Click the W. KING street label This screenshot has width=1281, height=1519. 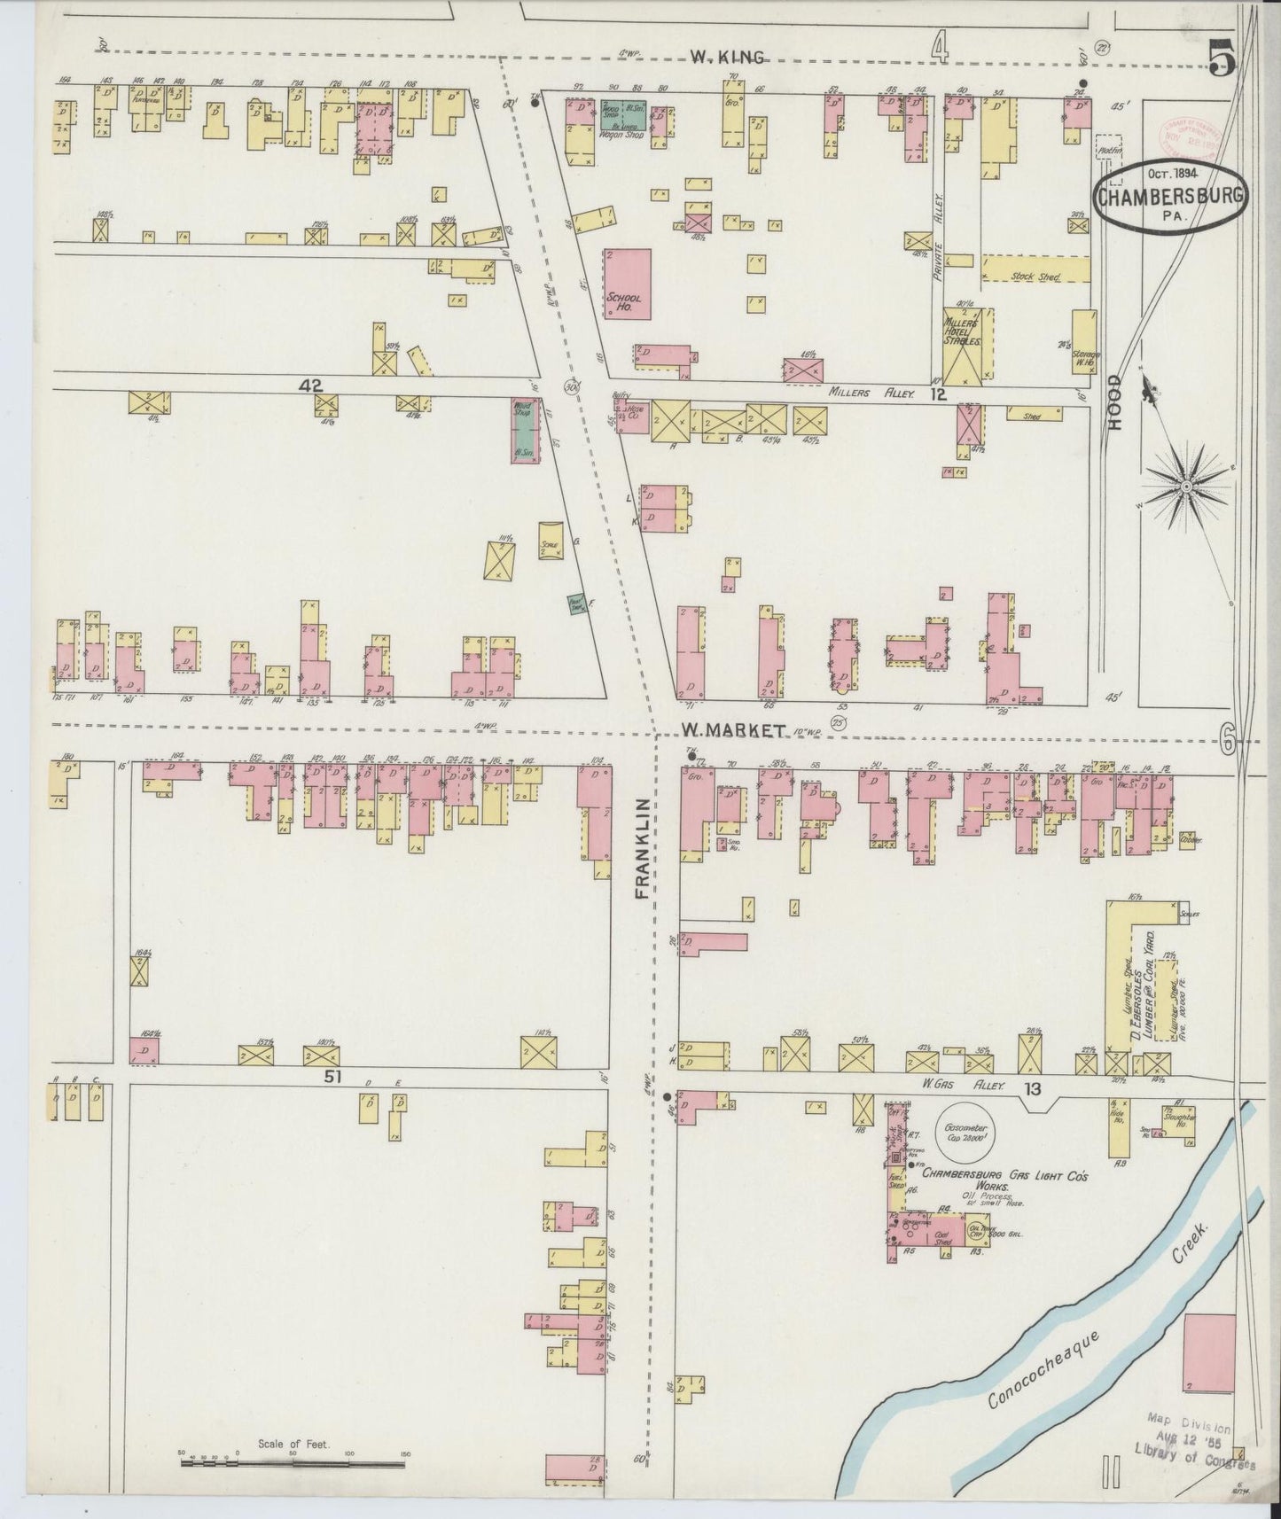pos(727,58)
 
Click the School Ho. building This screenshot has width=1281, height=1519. pos(628,284)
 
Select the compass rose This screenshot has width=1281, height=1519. pos(1186,488)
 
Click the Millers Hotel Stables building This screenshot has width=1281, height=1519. pos(966,346)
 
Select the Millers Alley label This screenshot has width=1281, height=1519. pos(871,393)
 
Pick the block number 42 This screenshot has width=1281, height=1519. pos(311,386)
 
